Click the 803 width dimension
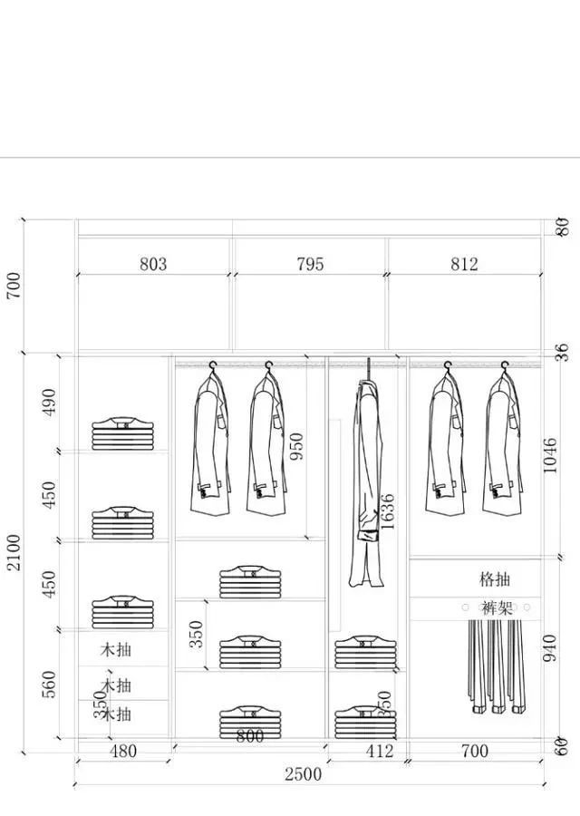153,265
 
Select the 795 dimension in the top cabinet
310,265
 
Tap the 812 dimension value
463,265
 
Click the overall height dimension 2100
14,553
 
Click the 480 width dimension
123,752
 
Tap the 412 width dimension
380,752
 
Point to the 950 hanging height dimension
296,445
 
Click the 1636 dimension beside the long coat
388,511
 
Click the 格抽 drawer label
496,578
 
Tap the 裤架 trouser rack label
497,607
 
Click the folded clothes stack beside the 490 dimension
123,432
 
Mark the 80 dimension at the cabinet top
563,228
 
